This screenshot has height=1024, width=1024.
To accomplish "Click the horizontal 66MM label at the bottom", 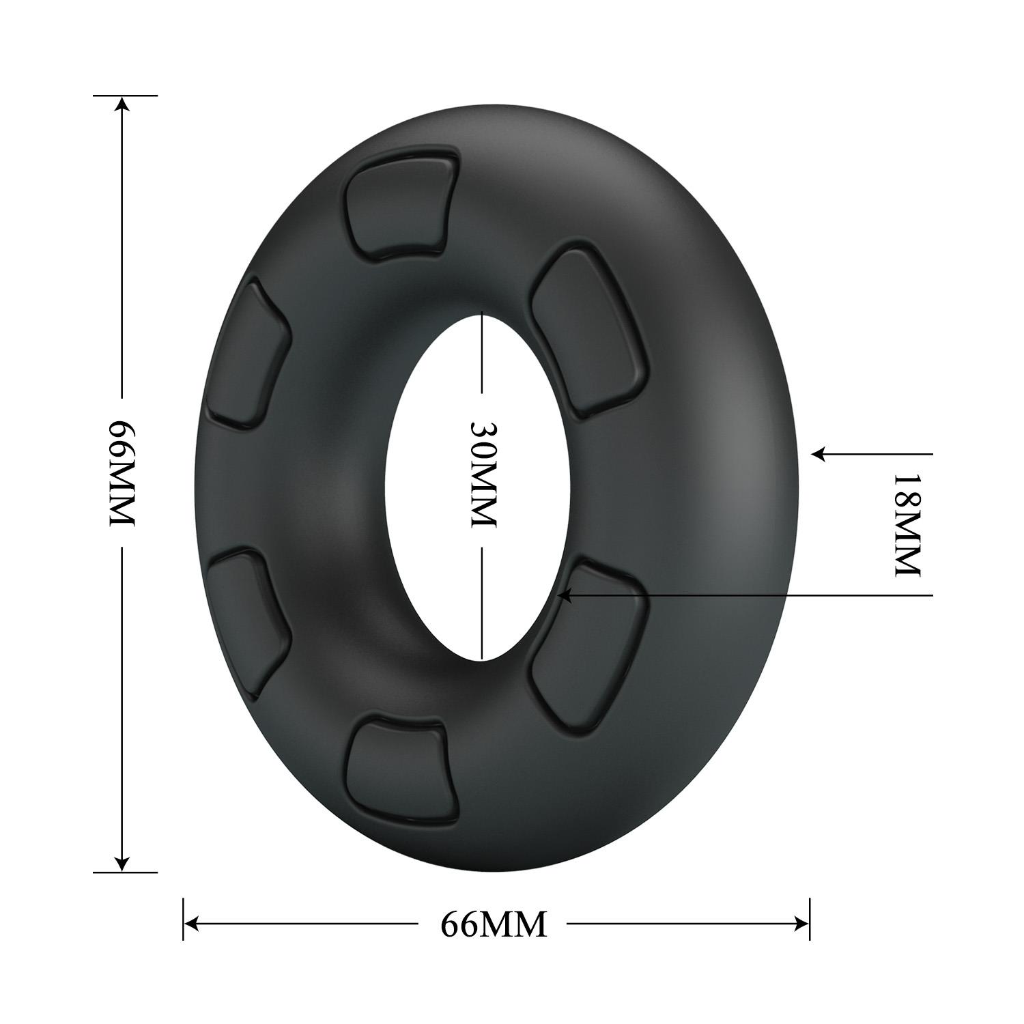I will (494, 924).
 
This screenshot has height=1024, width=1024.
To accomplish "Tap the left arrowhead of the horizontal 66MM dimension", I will (192, 924).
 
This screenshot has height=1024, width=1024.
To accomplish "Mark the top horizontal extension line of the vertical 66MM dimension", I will (126, 96).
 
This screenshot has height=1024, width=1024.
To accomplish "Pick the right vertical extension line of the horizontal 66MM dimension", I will (809, 919).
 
